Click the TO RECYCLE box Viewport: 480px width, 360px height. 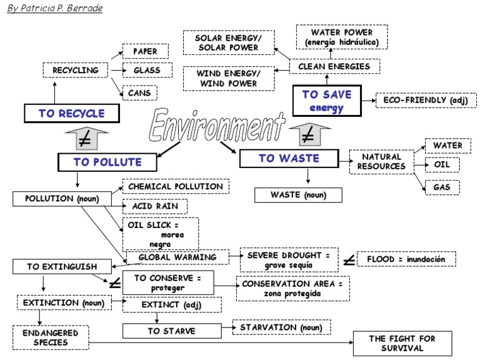coord(71,113)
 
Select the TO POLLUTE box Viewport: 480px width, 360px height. coord(107,162)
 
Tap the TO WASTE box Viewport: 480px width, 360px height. coord(289,158)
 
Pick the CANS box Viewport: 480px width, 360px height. coord(139,93)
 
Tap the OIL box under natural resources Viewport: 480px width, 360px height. coord(442,166)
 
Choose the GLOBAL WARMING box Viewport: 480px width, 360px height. coord(177,257)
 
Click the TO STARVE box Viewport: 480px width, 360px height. coord(172,331)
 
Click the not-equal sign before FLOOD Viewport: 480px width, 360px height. coord(350,259)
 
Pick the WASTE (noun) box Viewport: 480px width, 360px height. coord(299,195)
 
